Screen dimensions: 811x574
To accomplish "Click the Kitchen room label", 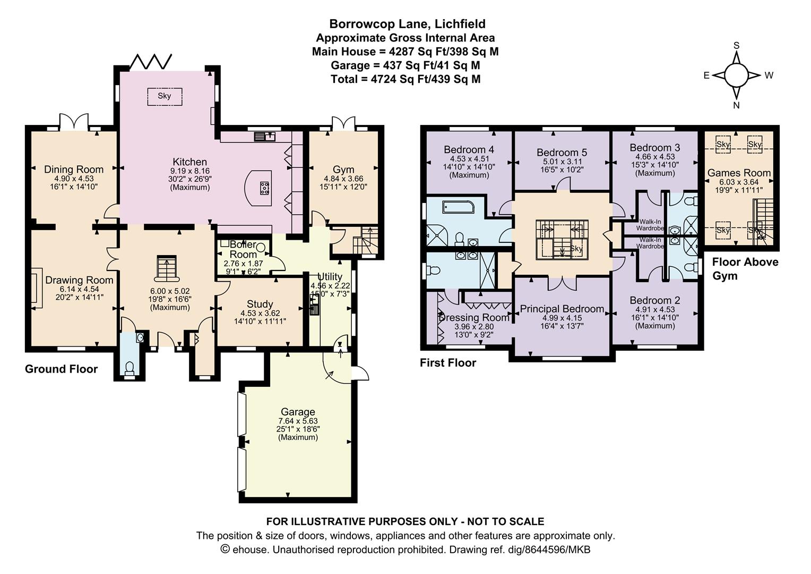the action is coord(189,162).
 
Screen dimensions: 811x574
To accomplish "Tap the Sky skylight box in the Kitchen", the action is coord(165,96).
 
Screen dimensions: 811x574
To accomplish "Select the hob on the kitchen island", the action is coord(264,188).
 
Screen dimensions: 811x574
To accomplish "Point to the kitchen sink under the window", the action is coord(265,137).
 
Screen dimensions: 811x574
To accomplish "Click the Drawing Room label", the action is coord(79,280).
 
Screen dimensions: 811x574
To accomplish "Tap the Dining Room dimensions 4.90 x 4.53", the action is coord(74,179).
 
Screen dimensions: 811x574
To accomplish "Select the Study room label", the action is coord(260,304).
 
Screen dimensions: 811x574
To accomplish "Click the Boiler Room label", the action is coord(243,249).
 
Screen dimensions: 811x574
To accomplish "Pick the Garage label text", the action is coord(298,412).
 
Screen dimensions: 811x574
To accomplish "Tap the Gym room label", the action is coord(343,170).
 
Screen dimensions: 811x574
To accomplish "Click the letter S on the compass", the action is coord(736,46).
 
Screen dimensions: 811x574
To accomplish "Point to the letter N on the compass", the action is coord(736,106).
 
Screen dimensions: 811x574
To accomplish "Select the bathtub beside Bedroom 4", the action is coord(458,207).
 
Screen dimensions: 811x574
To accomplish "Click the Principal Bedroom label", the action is coord(562,309).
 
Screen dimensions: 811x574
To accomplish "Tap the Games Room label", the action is coord(739,173).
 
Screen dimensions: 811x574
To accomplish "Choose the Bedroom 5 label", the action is coord(562,153).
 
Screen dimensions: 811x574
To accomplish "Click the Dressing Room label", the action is coord(474,318).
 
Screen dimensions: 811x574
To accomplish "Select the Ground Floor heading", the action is coord(61,369).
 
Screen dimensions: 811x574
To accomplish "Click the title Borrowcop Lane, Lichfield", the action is coord(407,24).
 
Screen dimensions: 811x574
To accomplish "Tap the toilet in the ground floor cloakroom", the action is coord(130,369).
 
